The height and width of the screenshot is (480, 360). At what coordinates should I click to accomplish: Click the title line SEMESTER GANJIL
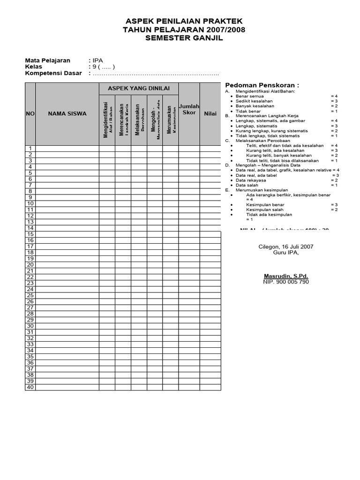pos(183,38)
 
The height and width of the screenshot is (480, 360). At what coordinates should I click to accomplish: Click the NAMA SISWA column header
pos(67,113)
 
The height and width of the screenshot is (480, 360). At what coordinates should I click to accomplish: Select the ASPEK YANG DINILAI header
pos(139,88)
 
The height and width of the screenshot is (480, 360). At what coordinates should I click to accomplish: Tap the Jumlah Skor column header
pos(189,109)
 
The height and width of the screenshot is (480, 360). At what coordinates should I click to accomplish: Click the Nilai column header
pos(210,113)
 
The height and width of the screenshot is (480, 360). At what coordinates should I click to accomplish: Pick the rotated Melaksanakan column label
pos(138,120)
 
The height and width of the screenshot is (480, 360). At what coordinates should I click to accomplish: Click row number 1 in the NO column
pos(30,149)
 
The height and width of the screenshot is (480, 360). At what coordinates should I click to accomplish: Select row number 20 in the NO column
pos(30,264)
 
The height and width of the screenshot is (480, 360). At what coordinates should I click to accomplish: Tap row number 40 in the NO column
pos(30,387)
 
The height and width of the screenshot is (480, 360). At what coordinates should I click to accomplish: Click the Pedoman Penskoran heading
pos(262,85)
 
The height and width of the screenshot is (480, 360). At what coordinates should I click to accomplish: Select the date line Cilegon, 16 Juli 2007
pos(286,247)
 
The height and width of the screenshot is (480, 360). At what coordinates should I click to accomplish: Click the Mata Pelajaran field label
pos(47,60)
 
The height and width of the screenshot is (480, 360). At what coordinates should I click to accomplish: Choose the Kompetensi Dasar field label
pos(53,73)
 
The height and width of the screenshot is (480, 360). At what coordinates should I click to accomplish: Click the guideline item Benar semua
pos(250,96)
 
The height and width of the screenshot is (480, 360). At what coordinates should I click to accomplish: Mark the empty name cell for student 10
pos(67,203)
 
